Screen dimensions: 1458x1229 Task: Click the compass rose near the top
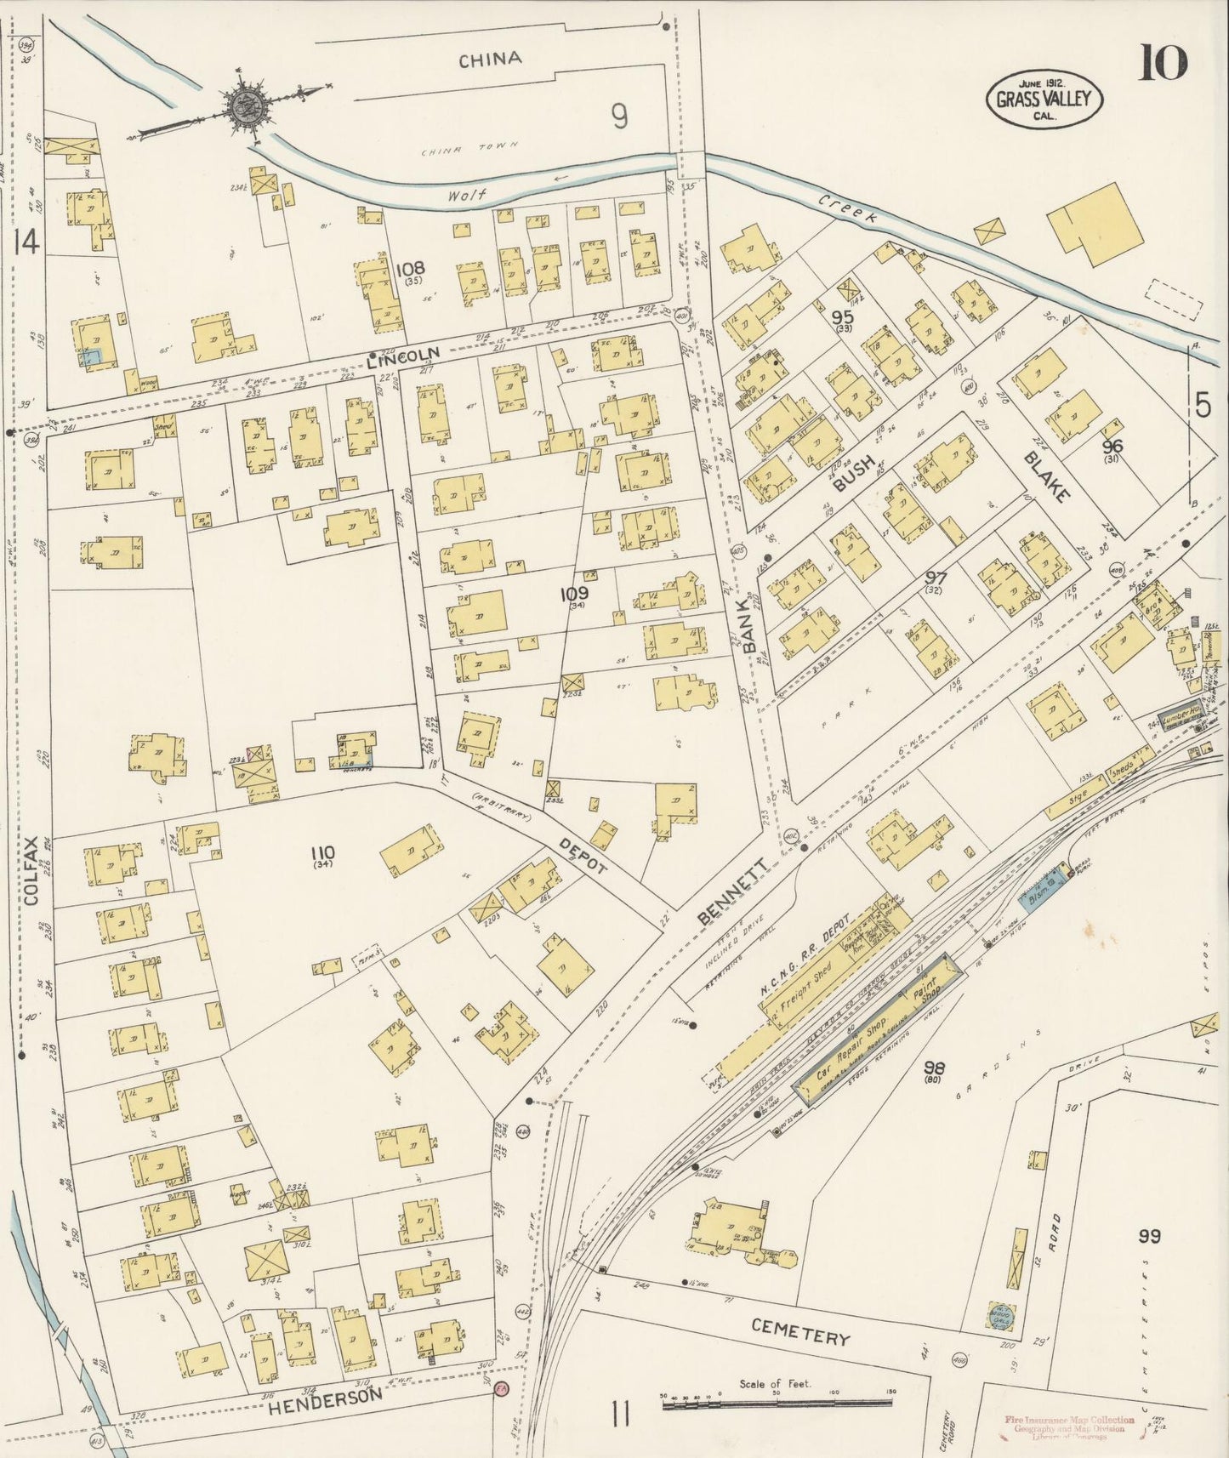pyautogui.click(x=247, y=106)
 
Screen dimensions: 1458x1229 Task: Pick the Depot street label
pyautogui.click(x=583, y=854)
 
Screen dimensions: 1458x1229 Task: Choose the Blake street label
pyautogui.click(x=1044, y=476)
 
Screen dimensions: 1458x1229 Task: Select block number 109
pyautogui.click(x=574, y=595)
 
